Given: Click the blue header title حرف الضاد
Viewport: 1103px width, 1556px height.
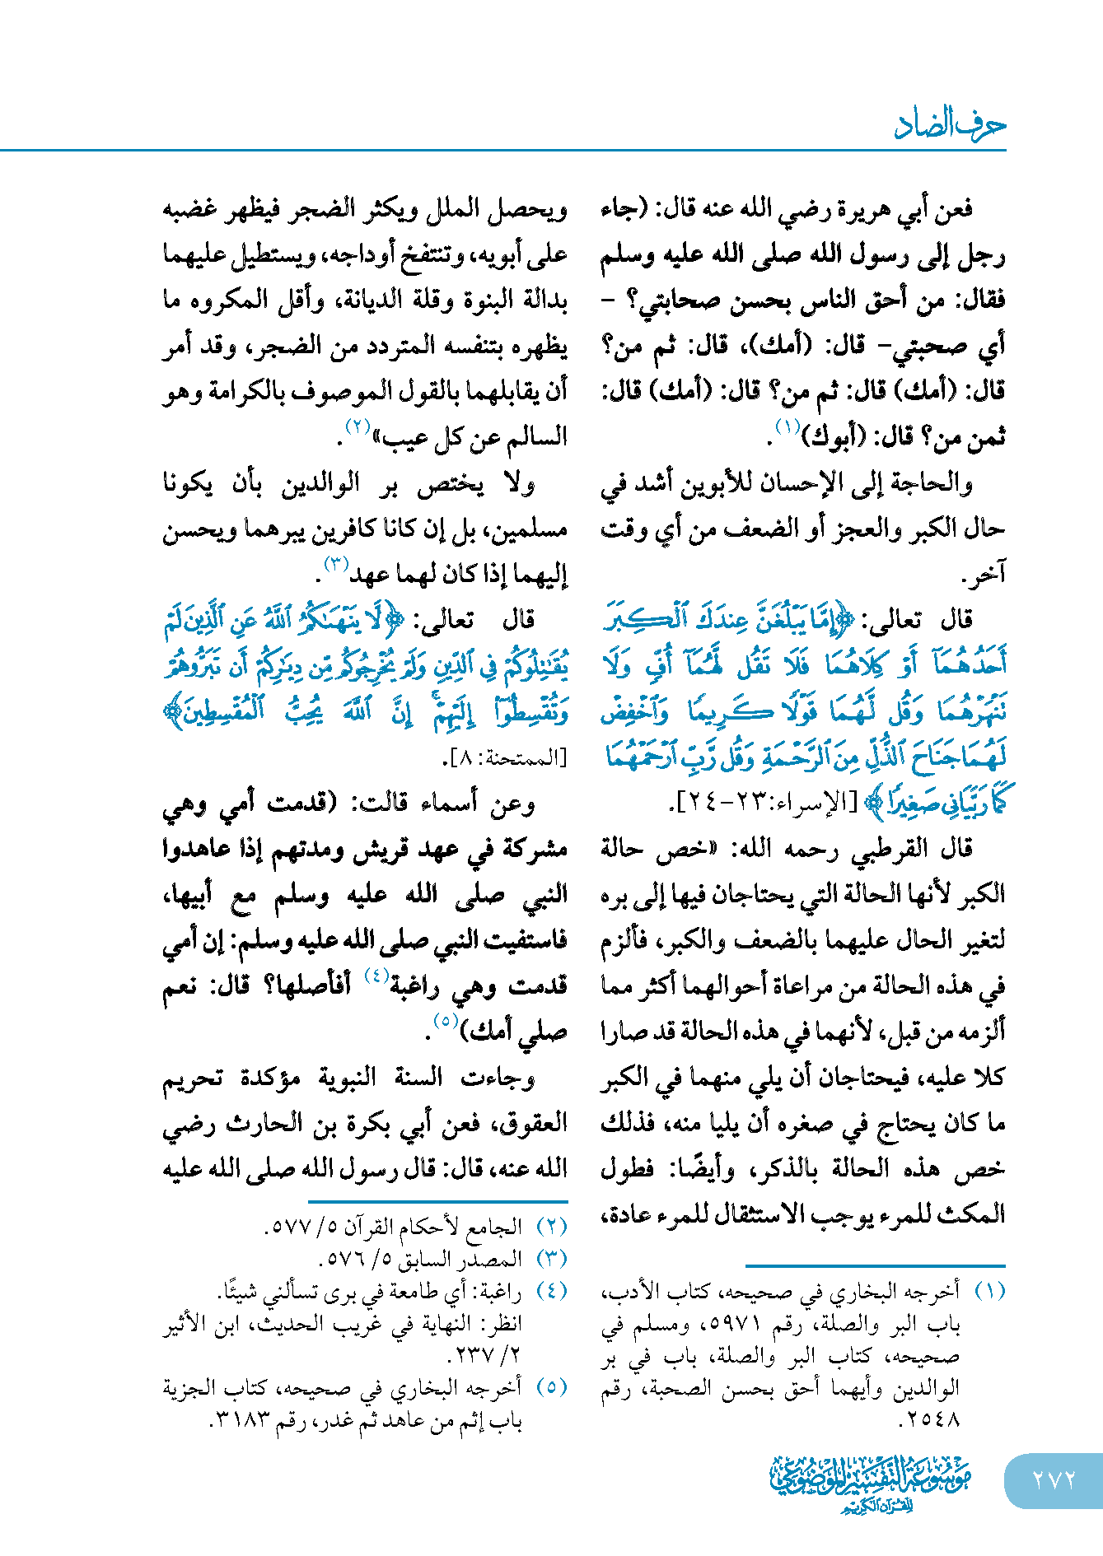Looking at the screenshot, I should pos(950,123).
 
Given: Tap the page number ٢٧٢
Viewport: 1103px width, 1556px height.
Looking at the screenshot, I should pos(1054,1479).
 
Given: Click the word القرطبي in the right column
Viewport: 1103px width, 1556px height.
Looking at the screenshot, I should pos(874,848).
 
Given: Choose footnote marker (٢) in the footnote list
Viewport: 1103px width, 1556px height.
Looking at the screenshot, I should pos(552,1227).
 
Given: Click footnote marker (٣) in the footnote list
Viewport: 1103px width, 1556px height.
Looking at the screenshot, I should pos(552,1259).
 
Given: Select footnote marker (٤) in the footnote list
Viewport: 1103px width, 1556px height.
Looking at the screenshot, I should pos(552,1291).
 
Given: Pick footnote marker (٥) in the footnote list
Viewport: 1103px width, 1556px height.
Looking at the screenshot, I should pos(552,1388).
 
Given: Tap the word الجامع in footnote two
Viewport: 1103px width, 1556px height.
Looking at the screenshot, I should pos(495,1227).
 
